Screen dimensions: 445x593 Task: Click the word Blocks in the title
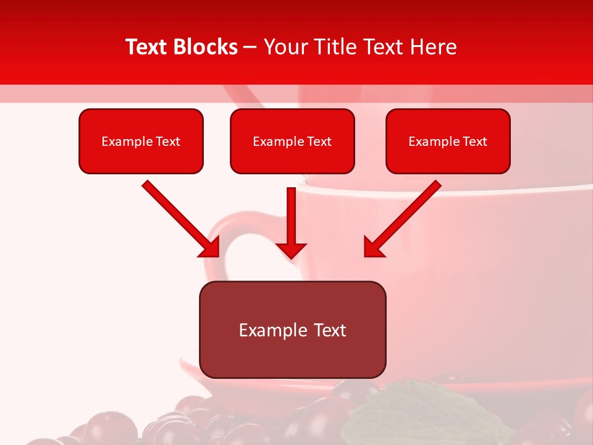(205, 47)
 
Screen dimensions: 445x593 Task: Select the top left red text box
(141, 158)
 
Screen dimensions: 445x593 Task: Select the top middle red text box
(292, 158)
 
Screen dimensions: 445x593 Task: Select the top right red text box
(448, 158)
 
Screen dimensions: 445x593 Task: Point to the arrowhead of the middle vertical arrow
(291, 250)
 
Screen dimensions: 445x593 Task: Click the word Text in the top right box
(474, 142)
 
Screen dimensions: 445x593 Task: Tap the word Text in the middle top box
(319, 142)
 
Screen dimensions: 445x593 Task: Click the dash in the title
(251, 48)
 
